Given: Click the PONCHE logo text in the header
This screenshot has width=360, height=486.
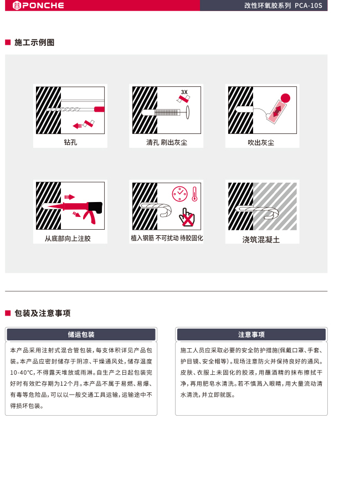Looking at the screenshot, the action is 43,6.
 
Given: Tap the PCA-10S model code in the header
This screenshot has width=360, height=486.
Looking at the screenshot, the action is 308,6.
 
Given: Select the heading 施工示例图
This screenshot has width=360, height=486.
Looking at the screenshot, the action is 34,43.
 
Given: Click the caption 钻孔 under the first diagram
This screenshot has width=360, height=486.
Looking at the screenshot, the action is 70,142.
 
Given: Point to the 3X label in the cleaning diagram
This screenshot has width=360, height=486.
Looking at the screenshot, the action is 184,92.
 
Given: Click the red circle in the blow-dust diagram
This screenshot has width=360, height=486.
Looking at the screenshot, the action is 285,99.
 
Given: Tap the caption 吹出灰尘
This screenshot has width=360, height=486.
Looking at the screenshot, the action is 261,143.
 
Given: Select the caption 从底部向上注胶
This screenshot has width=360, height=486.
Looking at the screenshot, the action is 68,239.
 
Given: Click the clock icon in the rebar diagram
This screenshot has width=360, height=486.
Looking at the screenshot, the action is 180,194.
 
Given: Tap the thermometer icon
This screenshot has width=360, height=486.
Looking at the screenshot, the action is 195,194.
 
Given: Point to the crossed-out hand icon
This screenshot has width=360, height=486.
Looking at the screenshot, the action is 187,218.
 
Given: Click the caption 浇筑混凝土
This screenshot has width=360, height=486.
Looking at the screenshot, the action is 261,239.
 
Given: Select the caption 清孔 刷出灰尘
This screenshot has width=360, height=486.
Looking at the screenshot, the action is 167,142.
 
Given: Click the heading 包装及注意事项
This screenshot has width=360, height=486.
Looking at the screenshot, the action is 43,313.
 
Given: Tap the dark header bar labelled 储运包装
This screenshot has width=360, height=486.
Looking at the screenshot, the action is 81,334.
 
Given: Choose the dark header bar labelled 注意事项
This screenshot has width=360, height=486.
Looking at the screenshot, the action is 251,334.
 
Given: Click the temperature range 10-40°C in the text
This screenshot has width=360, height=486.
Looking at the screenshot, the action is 22,373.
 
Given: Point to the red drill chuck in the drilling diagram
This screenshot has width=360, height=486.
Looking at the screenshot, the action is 99,109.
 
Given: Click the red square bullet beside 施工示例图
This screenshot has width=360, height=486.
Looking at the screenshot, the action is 8,43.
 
